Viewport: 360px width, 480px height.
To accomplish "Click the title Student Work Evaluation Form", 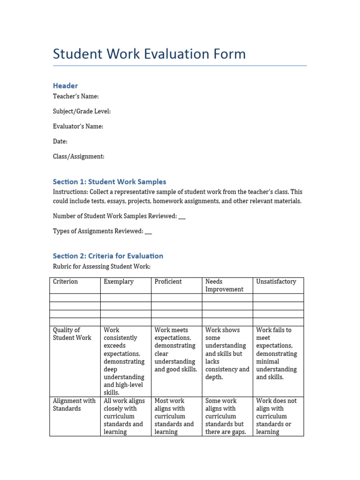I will (149, 54).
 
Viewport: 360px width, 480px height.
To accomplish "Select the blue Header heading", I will (65, 85).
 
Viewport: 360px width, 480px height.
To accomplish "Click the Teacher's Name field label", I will (75, 96).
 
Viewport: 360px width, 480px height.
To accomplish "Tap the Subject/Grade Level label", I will (82, 111).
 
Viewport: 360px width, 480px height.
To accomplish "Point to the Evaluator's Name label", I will (78, 126).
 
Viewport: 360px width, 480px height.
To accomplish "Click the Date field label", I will (60, 141).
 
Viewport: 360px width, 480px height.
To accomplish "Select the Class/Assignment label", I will (78, 156).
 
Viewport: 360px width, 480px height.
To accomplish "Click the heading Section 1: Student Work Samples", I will (109, 181).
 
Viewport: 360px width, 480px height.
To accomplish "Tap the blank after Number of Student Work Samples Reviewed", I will (182, 217).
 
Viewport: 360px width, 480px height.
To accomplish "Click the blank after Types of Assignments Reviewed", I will (149, 232).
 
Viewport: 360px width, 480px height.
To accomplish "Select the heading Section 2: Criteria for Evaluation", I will (108, 256).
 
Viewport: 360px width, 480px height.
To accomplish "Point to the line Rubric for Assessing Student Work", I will (101, 267).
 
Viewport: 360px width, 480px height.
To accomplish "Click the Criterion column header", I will (65, 282).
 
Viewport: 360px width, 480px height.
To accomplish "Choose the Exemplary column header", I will (119, 282).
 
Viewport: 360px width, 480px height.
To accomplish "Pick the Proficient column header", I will (168, 282).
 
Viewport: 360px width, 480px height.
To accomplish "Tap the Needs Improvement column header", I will (224, 285).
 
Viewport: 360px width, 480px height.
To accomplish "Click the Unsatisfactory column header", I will (276, 282).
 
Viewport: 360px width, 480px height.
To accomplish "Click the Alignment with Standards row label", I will (74, 405).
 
